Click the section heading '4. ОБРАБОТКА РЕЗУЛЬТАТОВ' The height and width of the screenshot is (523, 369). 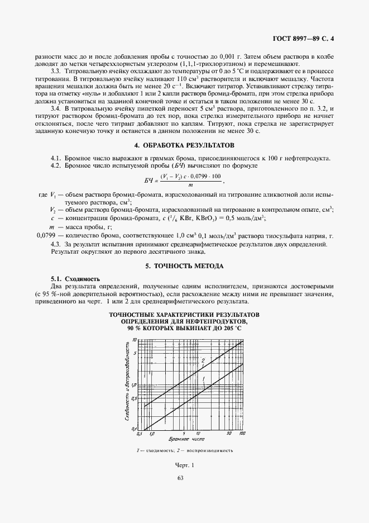(184, 145)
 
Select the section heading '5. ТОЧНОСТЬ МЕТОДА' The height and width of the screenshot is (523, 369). (184, 265)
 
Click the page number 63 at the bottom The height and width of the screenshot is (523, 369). (180, 478)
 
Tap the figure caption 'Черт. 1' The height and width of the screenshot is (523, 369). (184, 465)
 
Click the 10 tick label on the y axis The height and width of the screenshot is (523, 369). (134, 340)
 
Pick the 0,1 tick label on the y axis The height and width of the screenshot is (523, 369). (134, 428)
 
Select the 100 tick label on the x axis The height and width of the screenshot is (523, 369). (242, 433)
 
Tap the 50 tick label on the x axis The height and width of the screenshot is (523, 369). (229, 433)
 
